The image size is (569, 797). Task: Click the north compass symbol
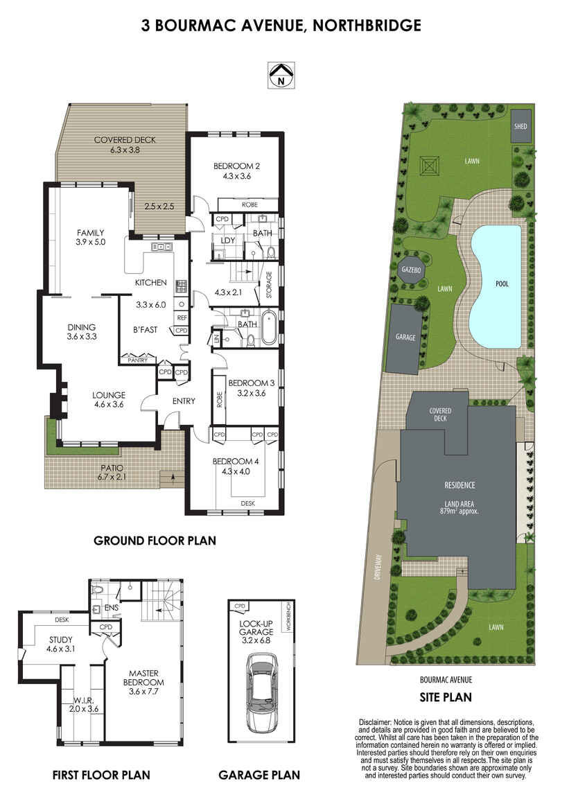[x=281, y=76]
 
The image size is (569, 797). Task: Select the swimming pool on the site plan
[x=496, y=287]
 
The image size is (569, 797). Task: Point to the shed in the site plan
[x=520, y=126]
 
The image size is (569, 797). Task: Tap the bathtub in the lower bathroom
[x=268, y=329]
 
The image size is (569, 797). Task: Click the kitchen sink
[x=161, y=247]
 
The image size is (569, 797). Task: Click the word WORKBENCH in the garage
[x=288, y=617]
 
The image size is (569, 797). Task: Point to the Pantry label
[x=138, y=360]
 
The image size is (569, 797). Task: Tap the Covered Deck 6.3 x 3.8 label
[x=125, y=145]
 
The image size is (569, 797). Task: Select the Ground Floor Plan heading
[x=155, y=541]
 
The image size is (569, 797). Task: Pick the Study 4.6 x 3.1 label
[x=60, y=644]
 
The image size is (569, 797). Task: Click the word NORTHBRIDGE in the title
[x=367, y=26]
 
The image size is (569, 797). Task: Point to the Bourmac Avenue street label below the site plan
[x=446, y=680]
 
